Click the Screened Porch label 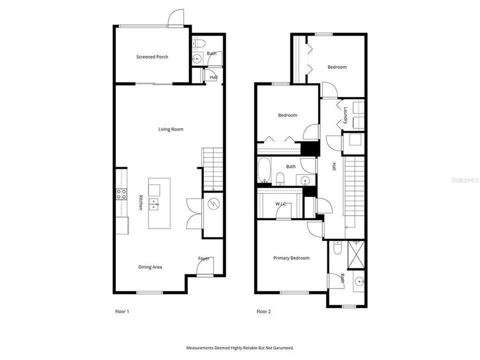click(x=152, y=57)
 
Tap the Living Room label click(x=170, y=129)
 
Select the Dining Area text click(x=150, y=267)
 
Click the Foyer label click(x=203, y=258)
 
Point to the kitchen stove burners click(x=121, y=194)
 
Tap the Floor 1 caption click(x=122, y=311)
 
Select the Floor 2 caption click(x=263, y=311)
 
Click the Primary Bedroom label click(x=291, y=258)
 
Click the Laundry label click(x=345, y=115)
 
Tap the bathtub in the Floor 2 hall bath click(x=264, y=170)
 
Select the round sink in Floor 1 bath click(x=197, y=59)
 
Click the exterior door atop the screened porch click(x=175, y=18)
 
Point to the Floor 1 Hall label click(x=213, y=77)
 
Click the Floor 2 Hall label click(x=333, y=167)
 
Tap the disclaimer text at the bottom click(x=240, y=347)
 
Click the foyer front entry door click(x=204, y=270)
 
